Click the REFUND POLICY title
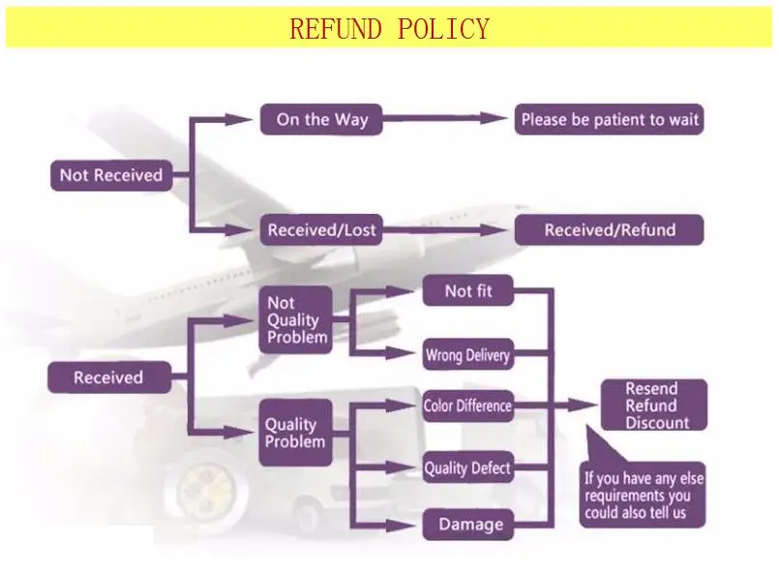[389, 29]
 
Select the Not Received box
[110, 175]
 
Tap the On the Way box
[321, 120]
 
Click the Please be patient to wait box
[609, 120]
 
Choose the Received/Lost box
[321, 230]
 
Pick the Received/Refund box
[609, 230]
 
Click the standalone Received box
[108, 377]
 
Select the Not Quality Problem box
[297, 320]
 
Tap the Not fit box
[467, 291]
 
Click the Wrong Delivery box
[467, 355]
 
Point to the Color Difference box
[467, 406]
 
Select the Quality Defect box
[467, 468]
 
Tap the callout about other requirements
[644, 495]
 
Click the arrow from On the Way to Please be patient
[445, 120]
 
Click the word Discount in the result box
[657, 423]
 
